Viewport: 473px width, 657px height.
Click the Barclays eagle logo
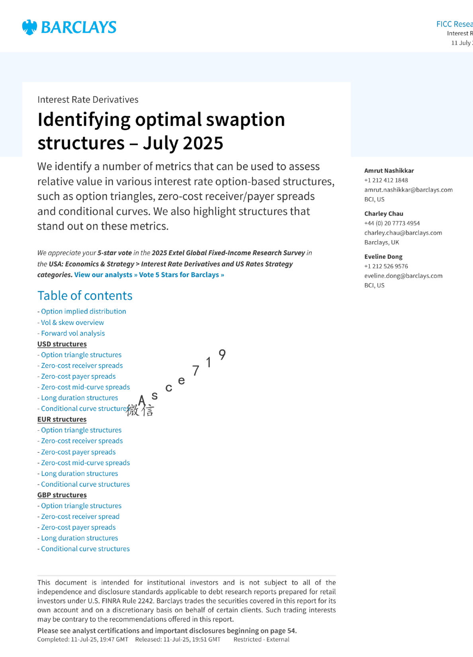coord(29,27)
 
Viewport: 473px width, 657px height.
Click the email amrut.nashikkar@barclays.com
coord(408,190)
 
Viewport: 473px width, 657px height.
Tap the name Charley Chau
coord(383,214)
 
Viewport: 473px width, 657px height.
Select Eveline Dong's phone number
coord(386,266)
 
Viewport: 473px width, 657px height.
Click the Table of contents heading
coord(85,296)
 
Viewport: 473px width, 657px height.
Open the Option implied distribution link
coord(83,311)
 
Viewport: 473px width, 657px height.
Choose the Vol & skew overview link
coord(72,323)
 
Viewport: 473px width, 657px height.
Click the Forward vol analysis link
coord(73,333)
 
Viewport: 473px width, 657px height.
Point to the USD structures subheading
coord(62,344)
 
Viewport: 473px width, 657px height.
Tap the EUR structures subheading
coord(62,419)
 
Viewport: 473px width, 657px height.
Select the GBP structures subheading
coord(62,495)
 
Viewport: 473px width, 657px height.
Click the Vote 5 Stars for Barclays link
coord(181,275)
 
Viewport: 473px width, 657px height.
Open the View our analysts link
coord(106,275)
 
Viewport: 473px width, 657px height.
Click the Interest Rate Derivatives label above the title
coord(88,100)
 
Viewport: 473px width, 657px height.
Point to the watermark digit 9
coord(222,354)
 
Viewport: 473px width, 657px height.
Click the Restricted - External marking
coord(261,639)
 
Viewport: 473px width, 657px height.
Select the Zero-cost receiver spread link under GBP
coord(80,516)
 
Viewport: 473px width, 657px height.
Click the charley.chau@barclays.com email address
coord(403,233)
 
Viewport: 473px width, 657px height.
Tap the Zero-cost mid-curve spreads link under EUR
coord(85,463)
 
